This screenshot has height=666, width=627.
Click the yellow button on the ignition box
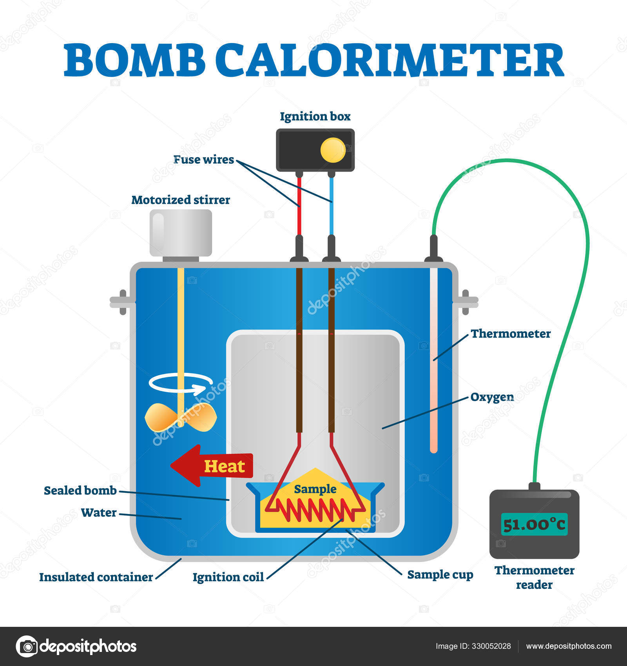(333, 150)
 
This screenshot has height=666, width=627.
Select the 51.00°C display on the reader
(534, 524)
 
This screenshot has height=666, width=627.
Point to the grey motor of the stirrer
(181, 233)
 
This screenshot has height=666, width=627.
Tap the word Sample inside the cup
(315, 489)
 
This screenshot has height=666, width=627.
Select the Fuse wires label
(203, 159)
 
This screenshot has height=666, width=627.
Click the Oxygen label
(492, 397)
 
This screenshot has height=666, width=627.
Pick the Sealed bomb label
(80, 490)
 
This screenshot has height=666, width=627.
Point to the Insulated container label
(96, 577)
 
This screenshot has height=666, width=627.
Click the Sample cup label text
(440, 575)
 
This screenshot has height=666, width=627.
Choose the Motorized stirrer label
(181, 200)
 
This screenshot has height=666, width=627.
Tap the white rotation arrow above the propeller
(181, 383)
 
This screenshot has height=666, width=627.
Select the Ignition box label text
(315, 116)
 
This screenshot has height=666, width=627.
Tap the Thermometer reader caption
(534, 577)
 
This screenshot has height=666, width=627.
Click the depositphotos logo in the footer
(76, 646)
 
